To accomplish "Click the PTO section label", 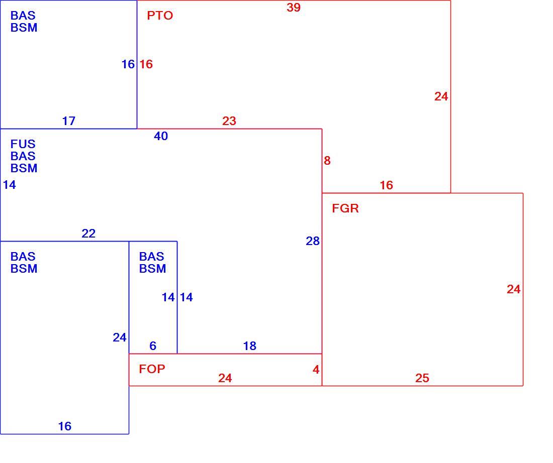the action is [160, 16].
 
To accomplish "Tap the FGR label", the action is [345, 208].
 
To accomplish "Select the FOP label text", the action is [152, 369].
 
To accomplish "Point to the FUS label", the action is [23, 144].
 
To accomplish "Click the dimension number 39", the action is [294, 8].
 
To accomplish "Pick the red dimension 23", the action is [229, 121].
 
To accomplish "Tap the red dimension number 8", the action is [327, 160].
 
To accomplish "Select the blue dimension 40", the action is [161, 136].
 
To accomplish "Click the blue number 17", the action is [69, 121].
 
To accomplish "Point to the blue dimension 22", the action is [88, 234].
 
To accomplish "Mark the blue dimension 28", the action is [313, 241].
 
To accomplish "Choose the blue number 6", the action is [153, 345].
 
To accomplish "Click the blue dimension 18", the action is [250, 345].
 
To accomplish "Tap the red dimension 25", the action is [422, 378].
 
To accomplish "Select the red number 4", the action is [316, 369].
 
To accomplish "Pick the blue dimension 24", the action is [120, 337].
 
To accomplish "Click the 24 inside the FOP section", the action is [225, 378].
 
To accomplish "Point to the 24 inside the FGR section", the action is [513, 289].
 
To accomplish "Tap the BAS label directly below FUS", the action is [23, 156].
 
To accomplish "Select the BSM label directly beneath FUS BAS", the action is [24, 168].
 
